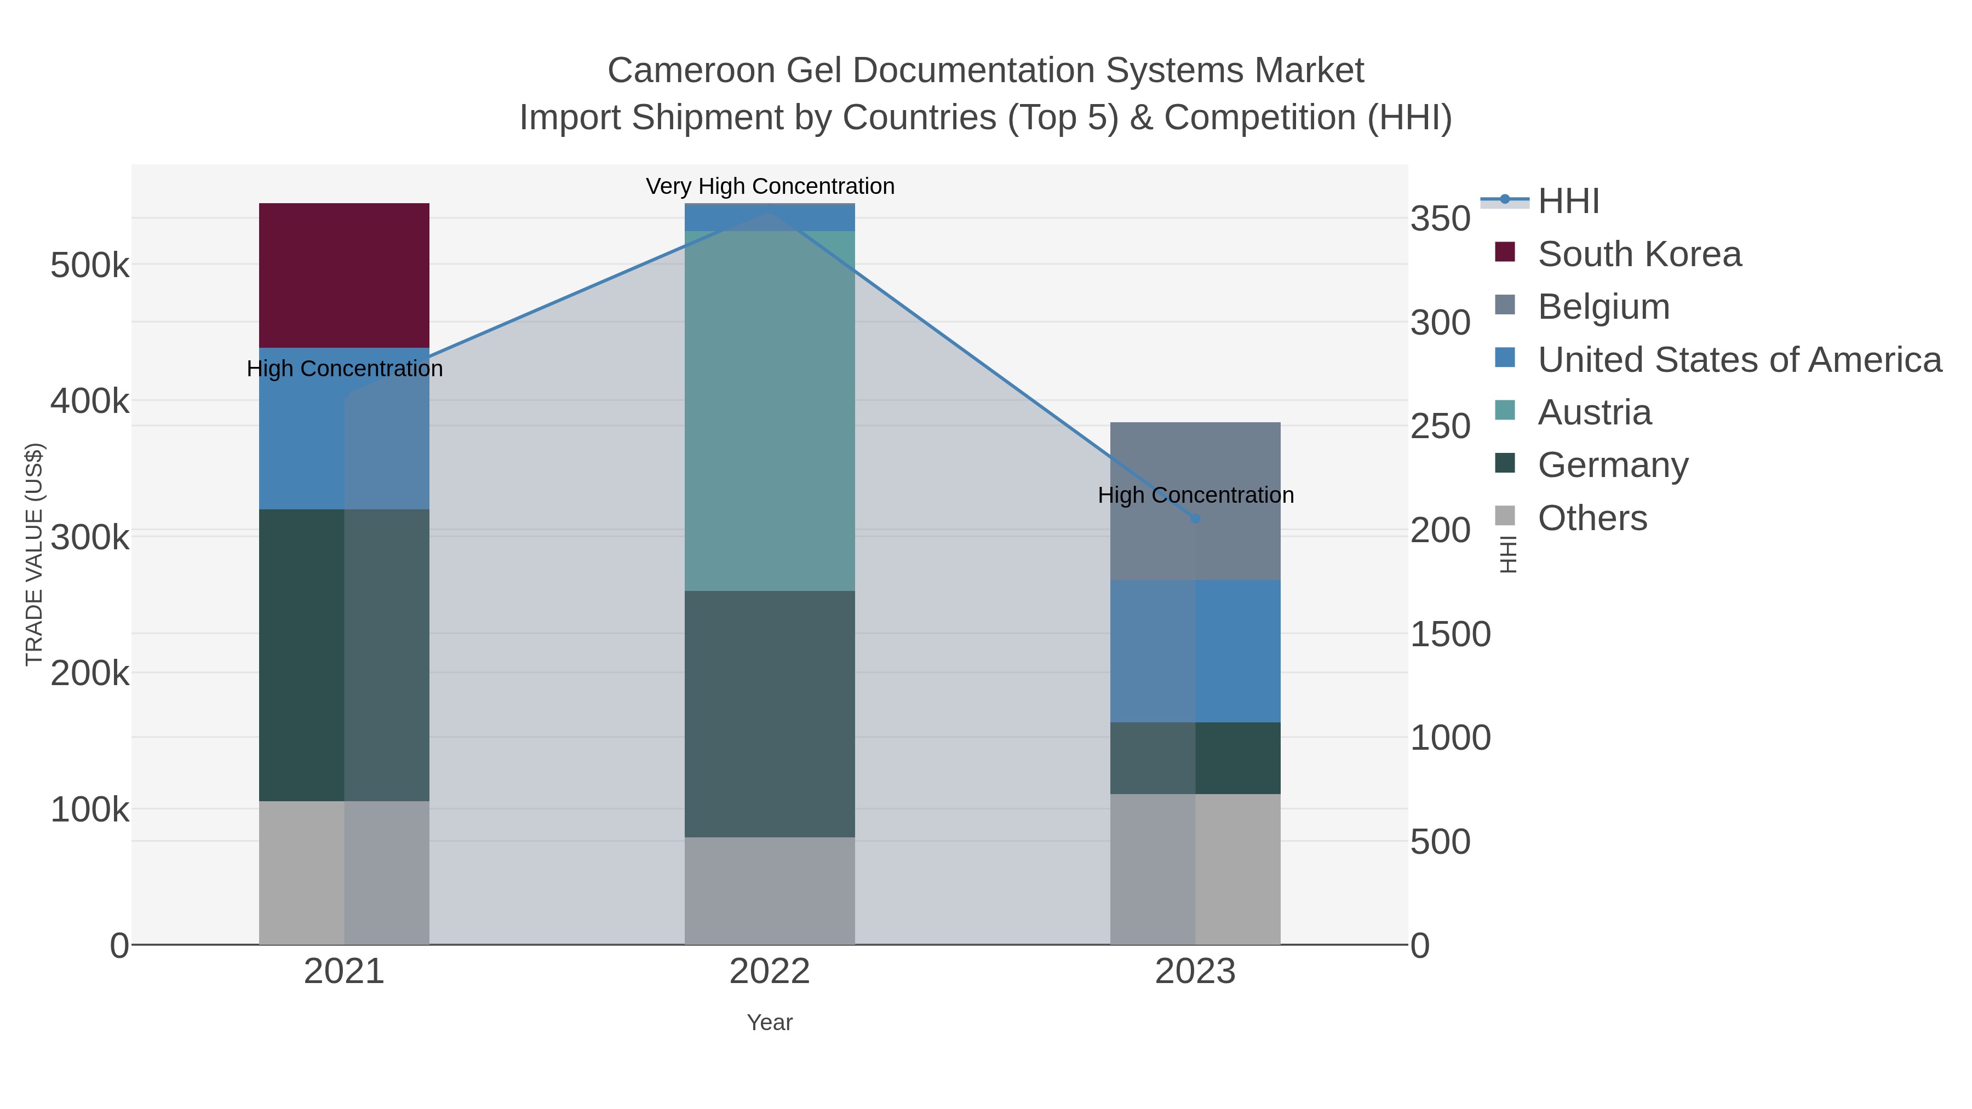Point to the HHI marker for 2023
pos(1195,519)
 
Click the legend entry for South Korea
pos(1639,254)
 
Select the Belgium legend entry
pos(1603,307)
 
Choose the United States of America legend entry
pos(1739,360)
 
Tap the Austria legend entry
pos(1594,412)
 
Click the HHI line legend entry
pos(1569,202)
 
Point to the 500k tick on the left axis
pos(90,266)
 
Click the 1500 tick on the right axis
pos(1450,635)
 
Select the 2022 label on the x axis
pos(770,972)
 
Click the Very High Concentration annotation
pos(770,186)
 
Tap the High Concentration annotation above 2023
pos(1195,495)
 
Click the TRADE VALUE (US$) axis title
pos(35,554)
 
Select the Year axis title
pos(770,1022)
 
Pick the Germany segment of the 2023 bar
pos(1195,758)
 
